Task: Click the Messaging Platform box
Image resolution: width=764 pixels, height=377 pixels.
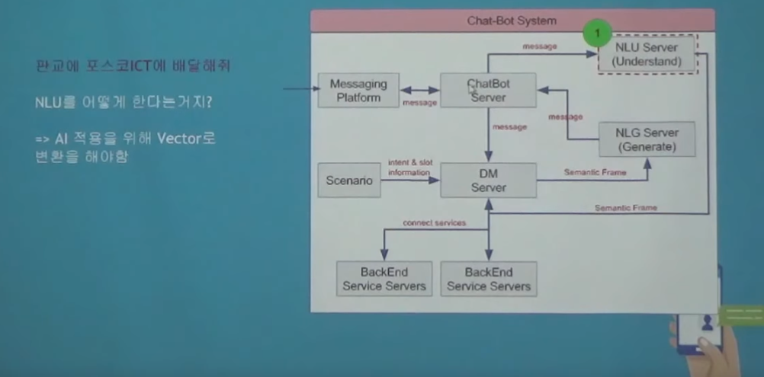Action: click(x=358, y=91)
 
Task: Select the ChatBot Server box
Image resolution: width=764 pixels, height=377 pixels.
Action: click(x=488, y=90)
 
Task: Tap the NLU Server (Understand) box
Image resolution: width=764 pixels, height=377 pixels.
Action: click(x=647, y=54)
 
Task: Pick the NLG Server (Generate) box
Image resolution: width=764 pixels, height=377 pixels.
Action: click(x=647, y=139)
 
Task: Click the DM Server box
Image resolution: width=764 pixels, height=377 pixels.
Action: click(x=488, y=181)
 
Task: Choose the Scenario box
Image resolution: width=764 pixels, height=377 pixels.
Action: click(x=349, y=181)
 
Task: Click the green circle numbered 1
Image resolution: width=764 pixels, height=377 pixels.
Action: click(x=598, y=34)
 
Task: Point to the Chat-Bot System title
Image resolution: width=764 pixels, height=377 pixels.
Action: click(x=512, y=21)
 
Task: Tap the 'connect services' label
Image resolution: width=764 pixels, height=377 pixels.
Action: click(x=434, y=222)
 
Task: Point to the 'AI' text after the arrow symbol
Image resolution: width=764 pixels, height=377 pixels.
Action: click(x=62, y=138)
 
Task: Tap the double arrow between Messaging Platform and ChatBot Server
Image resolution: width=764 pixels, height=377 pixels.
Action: click(x=420, y=90)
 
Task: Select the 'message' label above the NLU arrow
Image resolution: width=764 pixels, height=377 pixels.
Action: click(x=539, y=46)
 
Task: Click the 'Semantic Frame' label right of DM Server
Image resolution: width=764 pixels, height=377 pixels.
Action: click(x=595, y=172)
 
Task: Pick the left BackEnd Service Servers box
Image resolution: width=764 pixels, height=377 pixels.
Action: click(x=384, y=279)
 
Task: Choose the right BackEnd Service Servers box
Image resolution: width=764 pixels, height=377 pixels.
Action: click(x=488, y=279)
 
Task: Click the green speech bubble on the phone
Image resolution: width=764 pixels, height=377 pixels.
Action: click(x=740, y=315)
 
